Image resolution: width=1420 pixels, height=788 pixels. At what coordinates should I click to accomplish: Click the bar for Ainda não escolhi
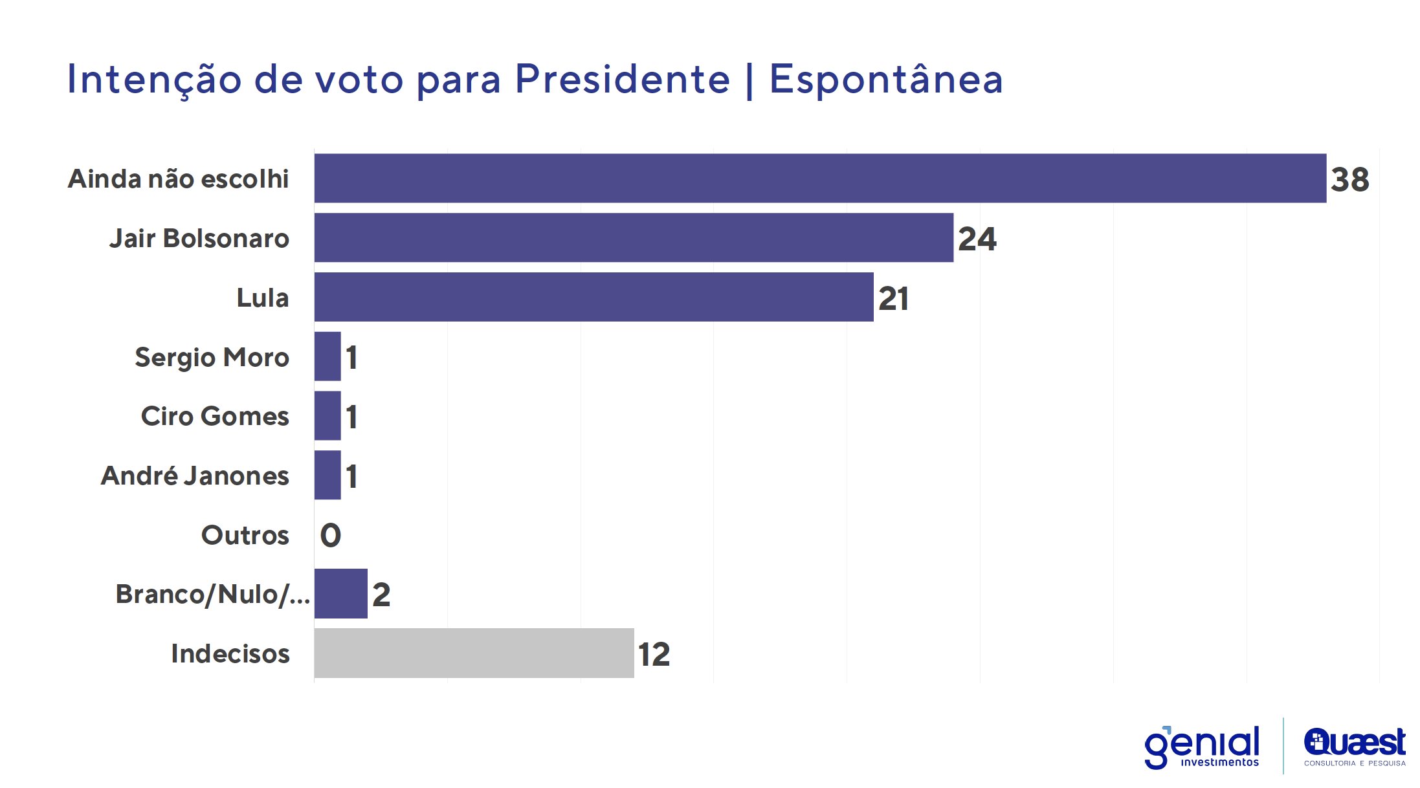pos(819,178)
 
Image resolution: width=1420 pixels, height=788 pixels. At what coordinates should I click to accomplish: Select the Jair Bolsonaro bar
pos(633,237)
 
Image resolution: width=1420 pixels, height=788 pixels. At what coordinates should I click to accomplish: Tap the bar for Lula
pos(594,297)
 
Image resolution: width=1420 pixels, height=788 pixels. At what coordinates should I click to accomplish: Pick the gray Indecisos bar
pos(474,653)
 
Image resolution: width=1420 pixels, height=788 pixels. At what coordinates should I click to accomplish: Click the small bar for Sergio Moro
pos(327,356)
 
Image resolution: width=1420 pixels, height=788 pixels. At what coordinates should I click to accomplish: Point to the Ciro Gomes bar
pos(327,416)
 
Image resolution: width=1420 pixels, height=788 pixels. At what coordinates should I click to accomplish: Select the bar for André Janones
pos(327,475)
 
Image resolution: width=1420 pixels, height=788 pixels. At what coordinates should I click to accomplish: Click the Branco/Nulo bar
pos(340,593)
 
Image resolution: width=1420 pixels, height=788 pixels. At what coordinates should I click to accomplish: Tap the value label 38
pos(1349,179)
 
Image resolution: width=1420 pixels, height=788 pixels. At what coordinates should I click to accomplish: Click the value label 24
pos(977,239)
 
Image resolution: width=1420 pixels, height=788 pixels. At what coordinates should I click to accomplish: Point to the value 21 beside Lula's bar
pos(893,298)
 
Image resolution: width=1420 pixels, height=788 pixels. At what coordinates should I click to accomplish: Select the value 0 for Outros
pos(330,535)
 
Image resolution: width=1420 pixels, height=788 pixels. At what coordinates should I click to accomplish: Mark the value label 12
pos(654,654)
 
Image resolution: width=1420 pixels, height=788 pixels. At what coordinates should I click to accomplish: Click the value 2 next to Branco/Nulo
pos(381,595)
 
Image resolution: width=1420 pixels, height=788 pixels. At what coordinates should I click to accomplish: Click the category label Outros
pos(245,535)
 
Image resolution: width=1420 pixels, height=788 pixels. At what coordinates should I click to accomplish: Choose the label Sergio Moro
pos(212,357)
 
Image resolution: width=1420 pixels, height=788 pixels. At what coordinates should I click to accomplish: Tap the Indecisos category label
pos(230,653)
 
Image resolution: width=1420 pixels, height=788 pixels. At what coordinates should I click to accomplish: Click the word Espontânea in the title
pos(885,80)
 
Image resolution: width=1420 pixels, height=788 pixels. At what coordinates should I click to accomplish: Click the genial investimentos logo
pos(1202,747)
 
